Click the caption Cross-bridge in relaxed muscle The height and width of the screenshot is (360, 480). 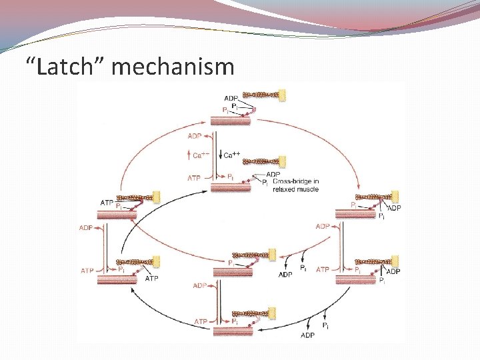click(x=295, y=185)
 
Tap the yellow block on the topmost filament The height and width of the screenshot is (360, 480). click(x=282, y=95)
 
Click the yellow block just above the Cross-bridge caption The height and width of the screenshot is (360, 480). click(x=282, y=161)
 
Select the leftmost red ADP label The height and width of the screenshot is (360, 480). click(x=87, y=227)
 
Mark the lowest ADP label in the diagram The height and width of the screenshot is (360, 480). click(x=308, y=335)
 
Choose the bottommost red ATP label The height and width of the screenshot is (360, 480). click(x=201, y=322)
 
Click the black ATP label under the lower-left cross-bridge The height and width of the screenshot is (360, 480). click(x=151, y=278)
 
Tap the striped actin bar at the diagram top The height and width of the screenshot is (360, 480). click(x=231, y=120)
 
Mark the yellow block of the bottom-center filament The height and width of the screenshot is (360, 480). click(x=271, y=311)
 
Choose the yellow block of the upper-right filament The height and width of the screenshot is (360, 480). click(x=395, y=197)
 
